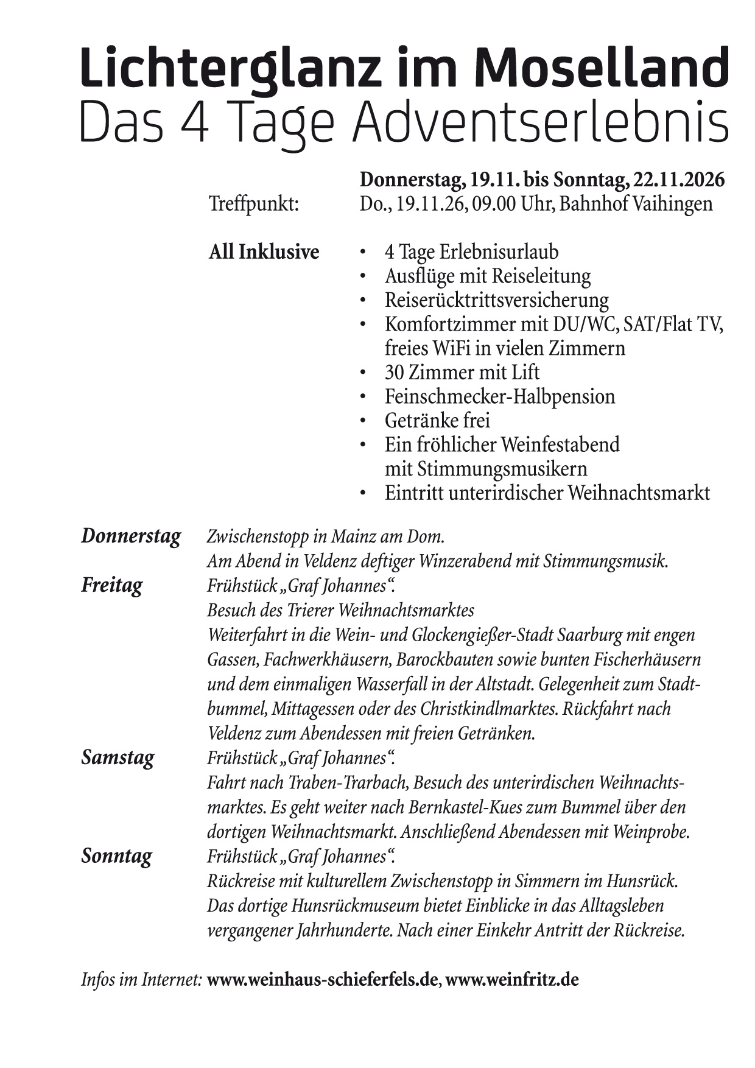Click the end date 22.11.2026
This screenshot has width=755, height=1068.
679,180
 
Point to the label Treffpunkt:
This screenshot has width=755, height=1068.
254,204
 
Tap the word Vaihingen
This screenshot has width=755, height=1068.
666,204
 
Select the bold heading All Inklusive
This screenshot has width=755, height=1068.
264,252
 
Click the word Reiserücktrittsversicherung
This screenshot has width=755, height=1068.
496,300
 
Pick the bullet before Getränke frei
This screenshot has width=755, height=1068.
363,421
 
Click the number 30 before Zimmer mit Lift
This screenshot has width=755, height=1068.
396,372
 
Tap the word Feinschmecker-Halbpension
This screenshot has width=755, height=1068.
499,396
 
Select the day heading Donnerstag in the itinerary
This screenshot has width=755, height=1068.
131,536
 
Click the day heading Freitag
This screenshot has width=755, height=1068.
112,585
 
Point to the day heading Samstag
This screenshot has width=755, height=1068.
118,757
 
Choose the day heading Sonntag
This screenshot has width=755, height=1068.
116,856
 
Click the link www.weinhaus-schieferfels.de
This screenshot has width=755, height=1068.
322,980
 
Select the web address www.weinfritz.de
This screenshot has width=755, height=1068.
512,980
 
